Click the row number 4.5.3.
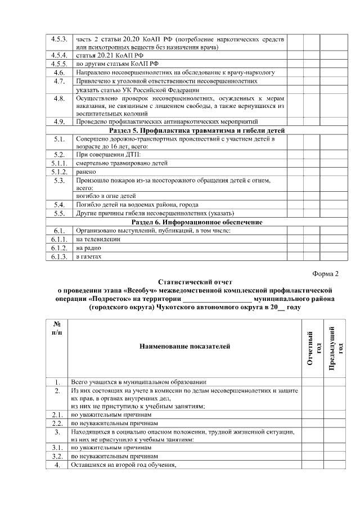coord(59,39)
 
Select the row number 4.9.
coord(59,121)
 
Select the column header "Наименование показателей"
coord(184,346)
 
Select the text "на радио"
coord(87,248)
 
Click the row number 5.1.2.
coord(59,172)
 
